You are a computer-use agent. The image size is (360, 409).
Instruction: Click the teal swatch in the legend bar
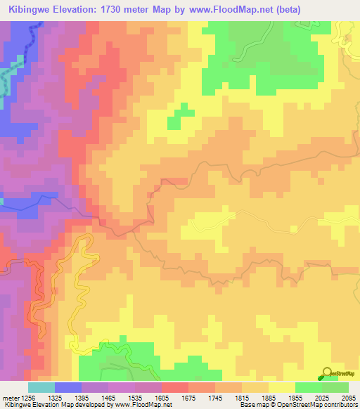pyautogui.click(x=41, y=387)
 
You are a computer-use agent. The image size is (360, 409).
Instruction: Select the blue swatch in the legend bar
pyautogui.click(x=67, y=387)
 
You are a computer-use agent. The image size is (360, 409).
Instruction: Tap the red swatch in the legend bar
pyautogui.click(x=174, y=387)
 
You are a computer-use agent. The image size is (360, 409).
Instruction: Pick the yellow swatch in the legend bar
pyautogui.click(x=281, y=387)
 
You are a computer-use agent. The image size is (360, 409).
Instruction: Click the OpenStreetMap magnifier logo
pyautogui.click(x=326, y=372)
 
